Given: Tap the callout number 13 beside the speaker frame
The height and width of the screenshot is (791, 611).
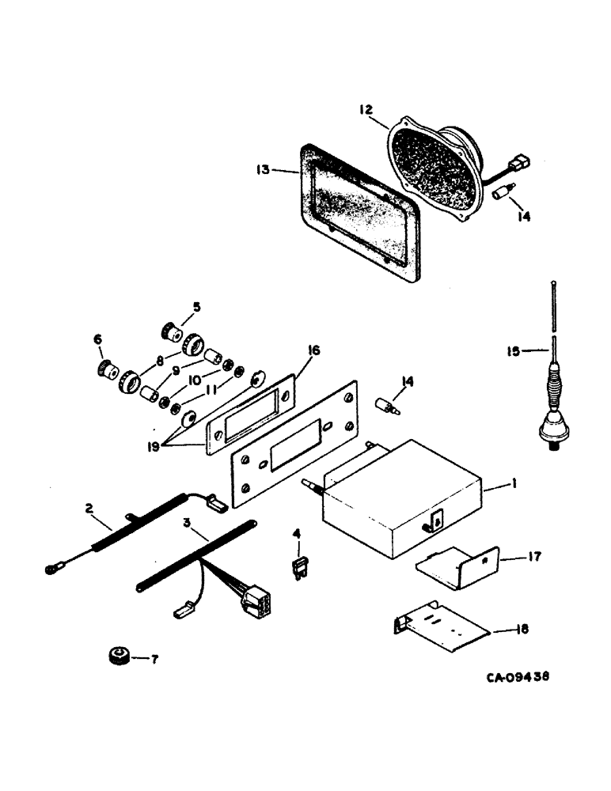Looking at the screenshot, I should pos(264,169).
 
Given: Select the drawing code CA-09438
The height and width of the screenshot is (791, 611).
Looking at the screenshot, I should pos(518,677).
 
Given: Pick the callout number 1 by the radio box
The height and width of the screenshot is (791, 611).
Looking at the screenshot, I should pos(514,480).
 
